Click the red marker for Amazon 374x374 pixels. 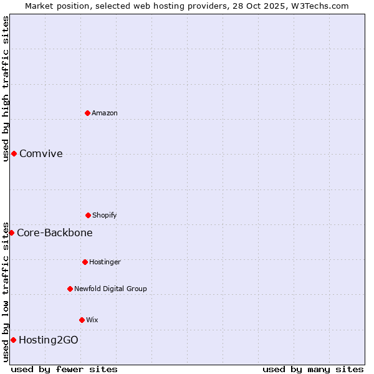(x=87, y=113)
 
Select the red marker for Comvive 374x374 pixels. (x=14, y=153)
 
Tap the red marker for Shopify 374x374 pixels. (x=88, y=215)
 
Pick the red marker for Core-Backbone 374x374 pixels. (x=11, y=233)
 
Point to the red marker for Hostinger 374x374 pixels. (x=85, y=262)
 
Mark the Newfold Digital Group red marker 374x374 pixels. (x=70, y=289)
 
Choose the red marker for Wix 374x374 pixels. (x=82, y=320)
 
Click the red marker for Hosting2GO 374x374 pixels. (x=13, y=340)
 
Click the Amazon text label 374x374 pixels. (x=105, y=113)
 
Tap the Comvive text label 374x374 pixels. (x=41, y=154)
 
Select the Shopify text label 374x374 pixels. (x=105, y=215)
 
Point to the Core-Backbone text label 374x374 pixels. (x=55, y=233)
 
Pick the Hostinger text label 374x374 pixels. (x=105, y=262)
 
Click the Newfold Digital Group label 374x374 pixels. (x=110, y=289)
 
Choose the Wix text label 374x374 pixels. (x=92, y=320)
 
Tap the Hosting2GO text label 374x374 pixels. (x=49, y=340)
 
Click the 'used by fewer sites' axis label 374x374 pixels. (x=64, y=369)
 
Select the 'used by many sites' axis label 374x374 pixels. (x=313, y=369)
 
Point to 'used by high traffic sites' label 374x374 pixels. (x=6, y=89)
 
